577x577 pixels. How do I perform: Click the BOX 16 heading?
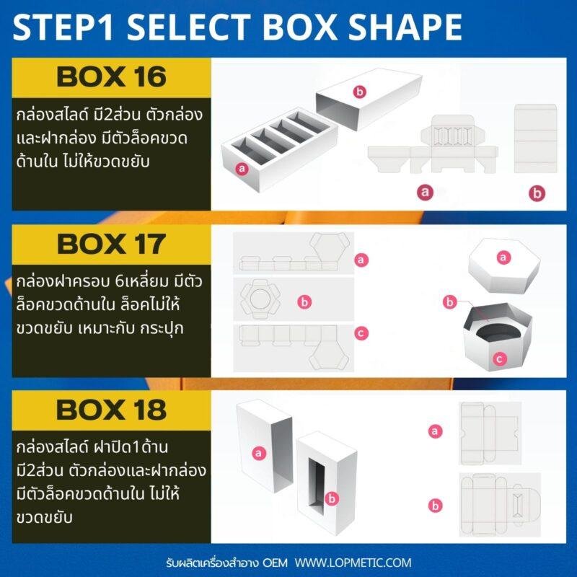coord(112,77)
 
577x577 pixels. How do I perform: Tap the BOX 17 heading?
coord(112,244)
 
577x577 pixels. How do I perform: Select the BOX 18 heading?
coord(112,410)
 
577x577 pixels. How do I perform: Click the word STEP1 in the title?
coord(63,27)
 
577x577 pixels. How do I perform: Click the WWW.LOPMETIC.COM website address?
coord(353,563)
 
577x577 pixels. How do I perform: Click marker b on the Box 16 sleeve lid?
coord(359,92)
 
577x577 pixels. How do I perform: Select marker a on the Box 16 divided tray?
coord(242,169)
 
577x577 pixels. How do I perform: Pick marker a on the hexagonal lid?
coord(503,257)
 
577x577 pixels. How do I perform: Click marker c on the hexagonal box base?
coord(499,358)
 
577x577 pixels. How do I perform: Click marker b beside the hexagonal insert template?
coord(304,301)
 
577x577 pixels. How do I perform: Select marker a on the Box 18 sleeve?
coord(258,453)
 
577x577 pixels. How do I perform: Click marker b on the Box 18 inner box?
coord(332,498)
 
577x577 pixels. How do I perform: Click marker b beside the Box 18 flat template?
coord(436,506)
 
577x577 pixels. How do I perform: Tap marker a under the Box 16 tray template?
coord(425,192)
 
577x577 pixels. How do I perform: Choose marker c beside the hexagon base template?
coord(361,333)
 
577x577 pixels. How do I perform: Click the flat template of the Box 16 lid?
coord(535,138)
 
